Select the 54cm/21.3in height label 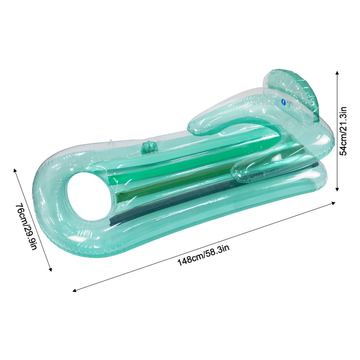coord(344,130)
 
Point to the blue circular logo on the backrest coord(282,103)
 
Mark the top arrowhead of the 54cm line coord(337,70)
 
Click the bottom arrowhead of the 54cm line coord(337,191)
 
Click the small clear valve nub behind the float coord(111,143)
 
